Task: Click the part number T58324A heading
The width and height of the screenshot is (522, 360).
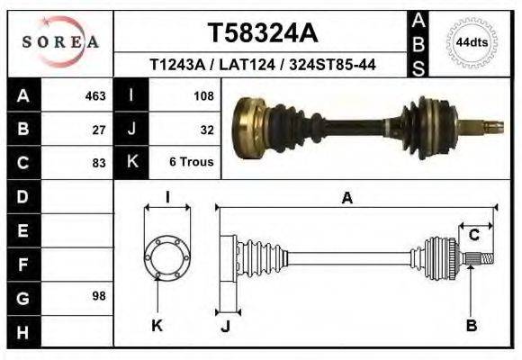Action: (262, 33)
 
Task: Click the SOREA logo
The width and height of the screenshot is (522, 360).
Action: (60, 41)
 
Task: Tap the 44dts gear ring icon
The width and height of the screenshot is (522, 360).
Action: (472, 41)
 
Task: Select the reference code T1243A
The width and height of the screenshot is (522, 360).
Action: (178, 66)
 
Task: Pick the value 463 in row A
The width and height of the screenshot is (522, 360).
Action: (95, 95)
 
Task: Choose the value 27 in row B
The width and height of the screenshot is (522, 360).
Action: (99, 129)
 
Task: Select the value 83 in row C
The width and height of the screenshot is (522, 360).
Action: (99, 163)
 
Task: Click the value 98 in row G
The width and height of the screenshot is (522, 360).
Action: (99, 296)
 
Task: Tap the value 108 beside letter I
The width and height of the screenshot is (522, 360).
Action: (202, 95)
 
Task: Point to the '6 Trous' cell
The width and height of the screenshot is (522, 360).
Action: (192, 163)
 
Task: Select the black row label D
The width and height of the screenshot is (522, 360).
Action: (22, 196)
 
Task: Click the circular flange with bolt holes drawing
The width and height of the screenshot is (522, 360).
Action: (167, 257)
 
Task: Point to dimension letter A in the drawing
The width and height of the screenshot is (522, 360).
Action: (347, 200)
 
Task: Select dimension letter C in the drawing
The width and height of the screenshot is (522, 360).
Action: (473, 235)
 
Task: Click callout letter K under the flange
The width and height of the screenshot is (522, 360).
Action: (157, 326)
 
